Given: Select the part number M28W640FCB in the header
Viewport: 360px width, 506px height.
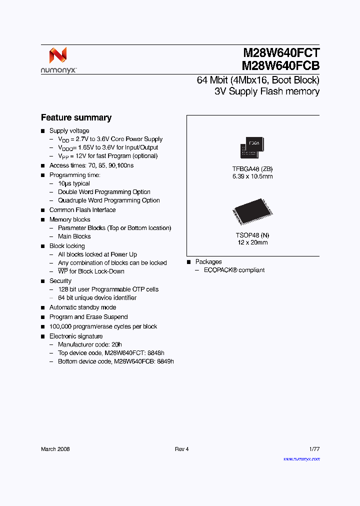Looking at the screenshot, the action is point(281,65).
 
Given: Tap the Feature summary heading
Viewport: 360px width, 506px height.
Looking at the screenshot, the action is point(76,118).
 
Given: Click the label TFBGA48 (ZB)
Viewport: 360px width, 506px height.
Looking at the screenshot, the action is point(252,169).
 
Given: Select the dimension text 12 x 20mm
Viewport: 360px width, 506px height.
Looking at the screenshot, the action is point(252,242).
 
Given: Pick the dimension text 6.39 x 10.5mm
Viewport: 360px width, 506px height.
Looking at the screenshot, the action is point(252,176).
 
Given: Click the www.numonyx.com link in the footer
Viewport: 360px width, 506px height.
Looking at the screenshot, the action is point(301,459).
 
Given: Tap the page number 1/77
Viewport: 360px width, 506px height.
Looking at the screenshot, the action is point(313,449).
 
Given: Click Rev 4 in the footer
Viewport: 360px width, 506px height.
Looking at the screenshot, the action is point(182,449).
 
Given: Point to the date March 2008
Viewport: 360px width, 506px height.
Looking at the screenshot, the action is point(55,449).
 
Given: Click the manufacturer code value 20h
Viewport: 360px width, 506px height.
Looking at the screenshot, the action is point(117,344).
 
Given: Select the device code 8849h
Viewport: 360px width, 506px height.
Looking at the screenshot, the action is point(164,361).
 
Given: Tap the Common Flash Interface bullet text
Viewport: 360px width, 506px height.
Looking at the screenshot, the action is point(82,210).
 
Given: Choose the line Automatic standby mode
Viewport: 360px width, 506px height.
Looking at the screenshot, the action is point(82,307).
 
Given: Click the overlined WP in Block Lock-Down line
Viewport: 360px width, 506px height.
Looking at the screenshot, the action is point(63,271).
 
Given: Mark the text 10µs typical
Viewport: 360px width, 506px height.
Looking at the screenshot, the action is point(74,183).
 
